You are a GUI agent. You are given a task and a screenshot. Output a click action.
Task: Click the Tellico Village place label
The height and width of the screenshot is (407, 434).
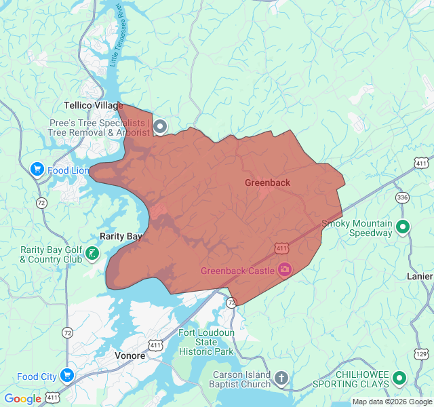click(94, 106)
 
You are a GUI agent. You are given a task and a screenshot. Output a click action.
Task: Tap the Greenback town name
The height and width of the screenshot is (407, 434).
click(267, 183)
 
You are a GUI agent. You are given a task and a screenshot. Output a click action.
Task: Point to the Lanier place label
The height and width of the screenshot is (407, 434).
click(419, 277)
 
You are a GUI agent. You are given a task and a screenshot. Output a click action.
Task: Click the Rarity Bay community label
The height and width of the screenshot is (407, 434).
click(121, 236)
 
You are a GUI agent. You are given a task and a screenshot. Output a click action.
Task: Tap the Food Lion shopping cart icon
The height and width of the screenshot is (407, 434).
click(38, 170)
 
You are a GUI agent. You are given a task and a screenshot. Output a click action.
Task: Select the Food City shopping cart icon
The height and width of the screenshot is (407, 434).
click(66, 376)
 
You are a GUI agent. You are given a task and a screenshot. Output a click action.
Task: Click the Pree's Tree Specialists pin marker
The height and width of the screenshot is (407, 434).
click(160, 126)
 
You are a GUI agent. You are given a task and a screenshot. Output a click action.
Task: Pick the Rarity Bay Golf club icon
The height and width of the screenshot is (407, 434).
click(92, 254)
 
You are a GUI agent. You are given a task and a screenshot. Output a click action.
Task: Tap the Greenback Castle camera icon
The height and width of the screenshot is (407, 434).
click(284, 271)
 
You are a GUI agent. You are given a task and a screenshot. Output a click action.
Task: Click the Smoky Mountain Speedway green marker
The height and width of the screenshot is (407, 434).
click(403, 227)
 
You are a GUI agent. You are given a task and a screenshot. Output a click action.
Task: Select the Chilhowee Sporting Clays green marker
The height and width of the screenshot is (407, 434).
click(399, 378)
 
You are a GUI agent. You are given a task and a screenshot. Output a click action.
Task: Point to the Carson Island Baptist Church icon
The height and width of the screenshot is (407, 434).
click(281, 377)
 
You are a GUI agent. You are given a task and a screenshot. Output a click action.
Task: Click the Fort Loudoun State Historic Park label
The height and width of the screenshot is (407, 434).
click(206, 342)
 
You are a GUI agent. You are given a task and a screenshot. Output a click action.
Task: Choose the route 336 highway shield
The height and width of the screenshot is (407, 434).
click(403, 197)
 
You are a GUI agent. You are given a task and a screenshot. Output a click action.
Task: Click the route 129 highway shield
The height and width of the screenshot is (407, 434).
click(421, 355)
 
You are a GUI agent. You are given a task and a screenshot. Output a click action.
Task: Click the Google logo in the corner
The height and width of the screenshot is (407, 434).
click(22, 399)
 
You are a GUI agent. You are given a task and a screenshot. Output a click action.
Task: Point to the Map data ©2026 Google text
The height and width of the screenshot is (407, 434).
click(391, 402)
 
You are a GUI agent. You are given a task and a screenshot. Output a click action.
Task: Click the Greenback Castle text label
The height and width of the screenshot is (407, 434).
click(237, 271)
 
